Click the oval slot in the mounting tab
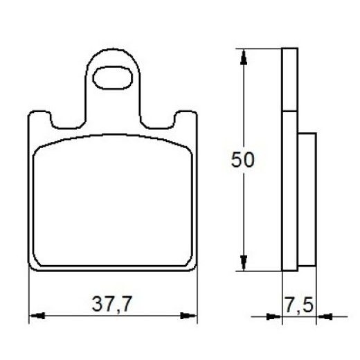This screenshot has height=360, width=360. (x=111, y=78)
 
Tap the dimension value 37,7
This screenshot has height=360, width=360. (x=113, y=303)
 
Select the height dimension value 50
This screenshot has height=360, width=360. (x=243, y=160)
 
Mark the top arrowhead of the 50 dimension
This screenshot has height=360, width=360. (x=243, y=55)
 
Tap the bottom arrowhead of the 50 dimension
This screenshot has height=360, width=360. (x=243, y=266)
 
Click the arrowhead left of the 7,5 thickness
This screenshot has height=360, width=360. (x=276, y=316)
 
